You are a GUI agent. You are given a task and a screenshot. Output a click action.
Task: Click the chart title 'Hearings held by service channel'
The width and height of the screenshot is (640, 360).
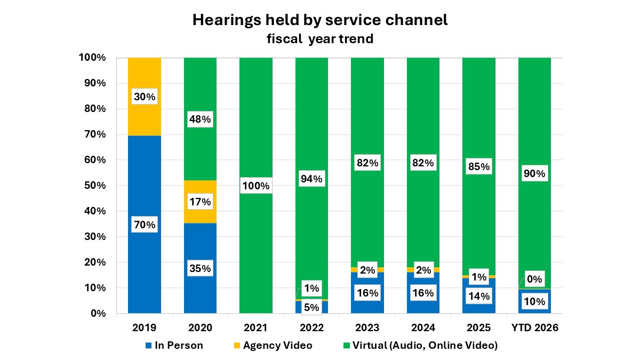pos(319,20)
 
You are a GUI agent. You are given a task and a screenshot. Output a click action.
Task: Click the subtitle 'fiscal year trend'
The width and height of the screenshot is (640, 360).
pos(319,39)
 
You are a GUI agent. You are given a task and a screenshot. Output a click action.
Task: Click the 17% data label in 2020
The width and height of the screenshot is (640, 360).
pos(200,202)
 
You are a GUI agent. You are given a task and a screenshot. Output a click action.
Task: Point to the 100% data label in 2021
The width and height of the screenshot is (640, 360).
pos(255,187)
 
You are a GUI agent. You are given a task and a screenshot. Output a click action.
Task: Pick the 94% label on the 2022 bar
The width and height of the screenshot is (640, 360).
pos(311,179)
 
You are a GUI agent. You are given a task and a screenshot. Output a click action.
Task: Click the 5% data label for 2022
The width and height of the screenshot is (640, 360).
pos(311,307)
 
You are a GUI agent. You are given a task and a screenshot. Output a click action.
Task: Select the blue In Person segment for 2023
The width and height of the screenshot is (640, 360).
pos(367,304)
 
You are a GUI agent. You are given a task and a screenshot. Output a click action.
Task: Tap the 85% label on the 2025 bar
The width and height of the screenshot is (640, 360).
pos(478,166)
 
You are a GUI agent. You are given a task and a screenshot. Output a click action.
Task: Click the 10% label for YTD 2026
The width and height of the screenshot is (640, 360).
pos(534,301)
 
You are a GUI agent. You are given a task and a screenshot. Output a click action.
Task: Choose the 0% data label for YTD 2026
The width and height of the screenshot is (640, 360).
pos(534,279)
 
